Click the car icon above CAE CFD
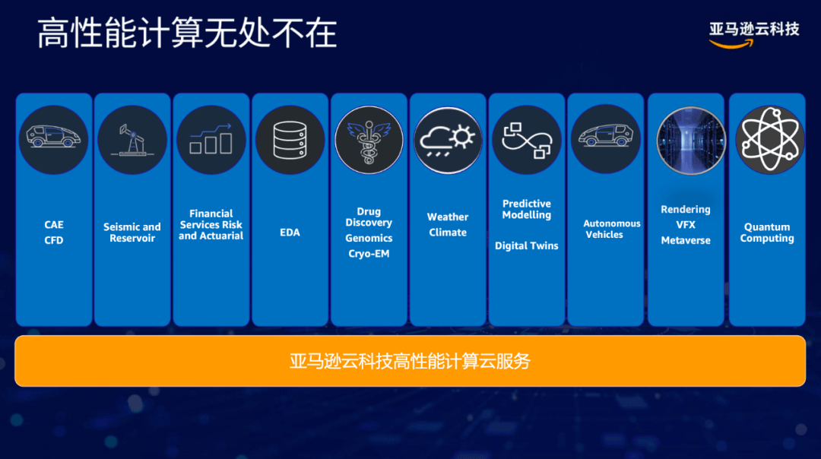(x=53, y=140)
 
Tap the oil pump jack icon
(x=132, y=140)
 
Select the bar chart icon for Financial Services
(x=211, y=140)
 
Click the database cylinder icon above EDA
(x=290, y=140)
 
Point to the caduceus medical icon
(x=369, y=140)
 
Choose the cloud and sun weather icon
(x=448, y=140)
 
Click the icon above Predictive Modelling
(x=527, y=140)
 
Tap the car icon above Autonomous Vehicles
(x=605, y=139)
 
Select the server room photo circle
(x=691, y=141)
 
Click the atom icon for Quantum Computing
(x=769, y=140)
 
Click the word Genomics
(x=369, y=238)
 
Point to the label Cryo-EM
(x=369, y=254)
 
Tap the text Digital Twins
(x=527, y=245)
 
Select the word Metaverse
(x=686, y=240)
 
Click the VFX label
(x=686, y=224)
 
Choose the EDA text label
(x=290, y=233)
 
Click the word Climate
(x=448, y=233)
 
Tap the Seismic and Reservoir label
(x=132, y=233)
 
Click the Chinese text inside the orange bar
(x=410, y=361)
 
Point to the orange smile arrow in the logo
(x=731, y=44)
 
